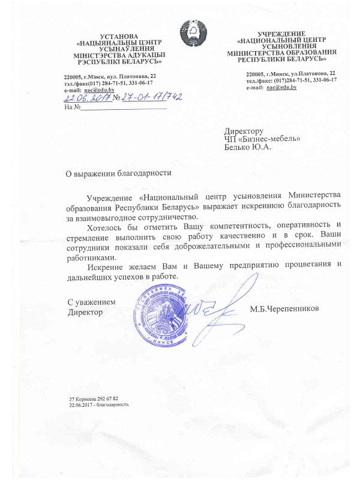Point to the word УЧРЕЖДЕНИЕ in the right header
(281, 34)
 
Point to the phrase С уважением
(91, 303)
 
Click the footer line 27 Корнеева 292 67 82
(94, 398)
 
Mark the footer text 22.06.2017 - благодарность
(100, 404)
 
